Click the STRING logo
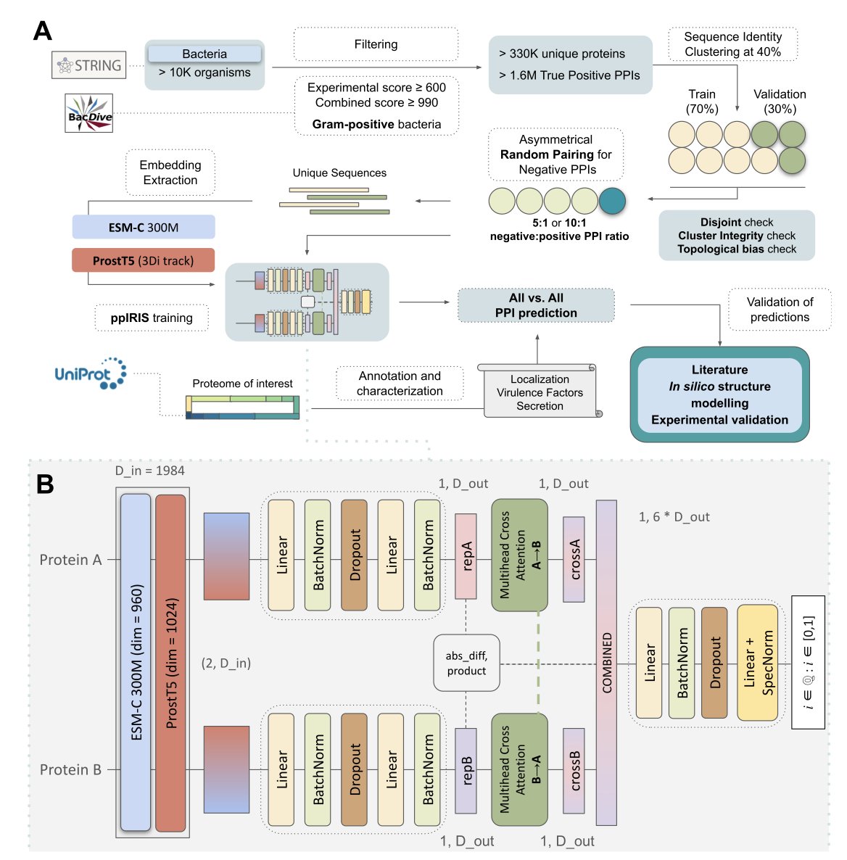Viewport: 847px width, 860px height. pos(89,65)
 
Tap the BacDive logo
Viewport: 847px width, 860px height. pos(89,113)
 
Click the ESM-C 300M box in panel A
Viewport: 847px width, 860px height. pos(143,227)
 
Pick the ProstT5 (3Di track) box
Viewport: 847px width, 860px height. pos(143,260)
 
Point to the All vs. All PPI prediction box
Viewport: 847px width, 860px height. pos(536,305)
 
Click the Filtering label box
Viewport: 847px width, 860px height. pos(376,44)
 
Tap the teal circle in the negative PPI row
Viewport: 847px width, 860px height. pos(612,201)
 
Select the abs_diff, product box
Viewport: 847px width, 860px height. pos(466,663)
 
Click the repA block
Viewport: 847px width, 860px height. pos(466,556)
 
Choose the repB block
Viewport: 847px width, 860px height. pos(466,771)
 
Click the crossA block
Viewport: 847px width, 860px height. pos(574,559)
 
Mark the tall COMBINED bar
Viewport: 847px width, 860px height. pos(606,663)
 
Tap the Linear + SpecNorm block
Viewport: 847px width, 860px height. pos(758,663)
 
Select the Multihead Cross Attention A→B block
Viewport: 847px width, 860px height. pos(519,555)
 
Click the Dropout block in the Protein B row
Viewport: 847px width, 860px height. pos(354,769)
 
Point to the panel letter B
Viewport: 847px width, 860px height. pos(44,484)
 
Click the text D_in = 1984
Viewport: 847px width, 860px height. pos(150,471)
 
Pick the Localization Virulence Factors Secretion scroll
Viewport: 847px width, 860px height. pos(540,391)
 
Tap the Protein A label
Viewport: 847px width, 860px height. pos(71,560)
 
